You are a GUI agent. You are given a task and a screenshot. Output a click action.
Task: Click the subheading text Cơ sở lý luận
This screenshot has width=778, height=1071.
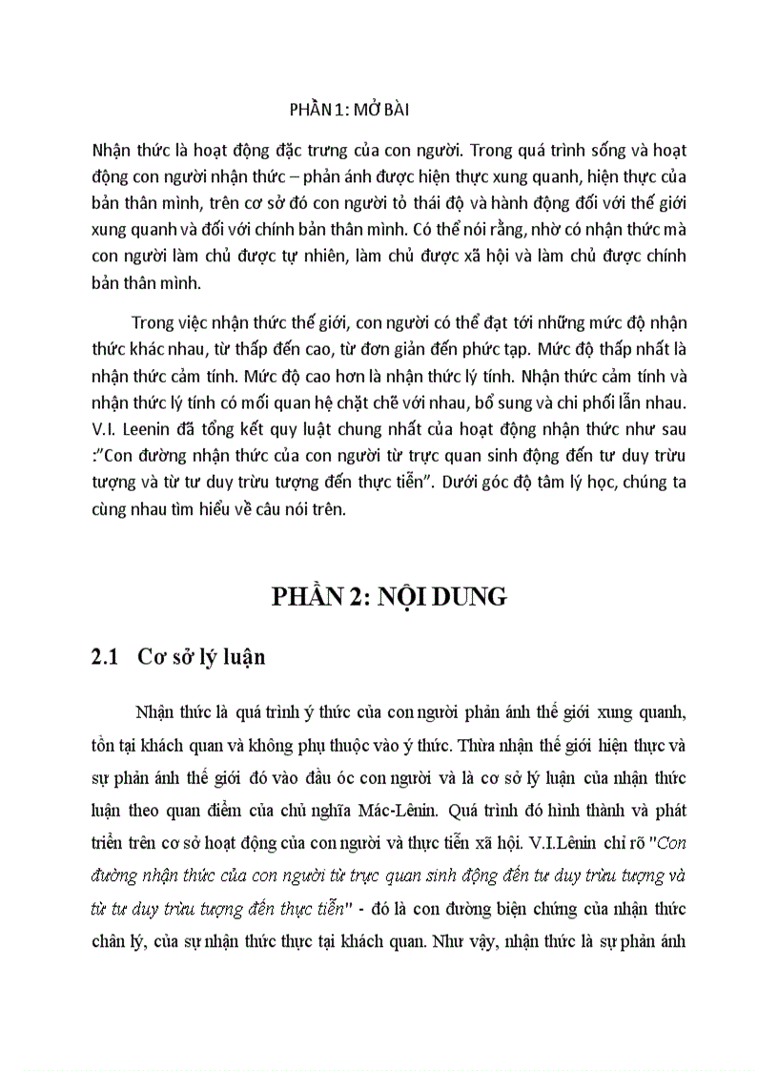tap(201, 657)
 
